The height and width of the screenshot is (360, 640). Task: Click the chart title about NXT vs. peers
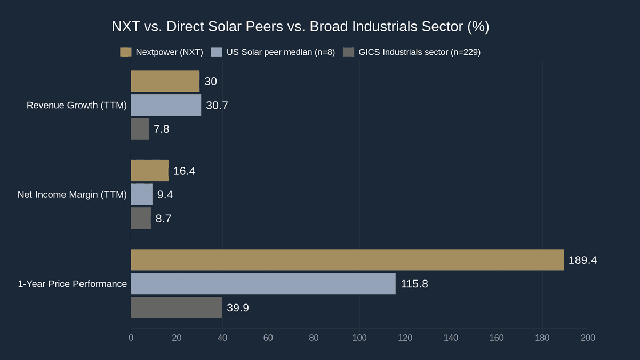[300, 27]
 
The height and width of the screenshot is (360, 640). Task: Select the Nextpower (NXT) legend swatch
[126, 52]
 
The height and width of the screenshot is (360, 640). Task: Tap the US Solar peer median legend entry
[273, 52]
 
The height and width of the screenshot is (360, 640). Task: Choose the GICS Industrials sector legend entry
[411, 52]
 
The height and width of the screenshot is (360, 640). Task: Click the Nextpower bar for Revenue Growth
[165, 82]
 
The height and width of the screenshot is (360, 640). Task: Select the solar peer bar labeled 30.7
[166, 105]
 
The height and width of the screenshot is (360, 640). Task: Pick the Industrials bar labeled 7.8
[140, 129]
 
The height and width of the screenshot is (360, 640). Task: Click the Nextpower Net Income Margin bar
[150, 171]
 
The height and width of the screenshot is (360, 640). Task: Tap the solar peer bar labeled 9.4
[142, 195]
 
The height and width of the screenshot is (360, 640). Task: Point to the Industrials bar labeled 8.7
[141, 218]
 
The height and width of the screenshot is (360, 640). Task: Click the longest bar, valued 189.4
[347, 260]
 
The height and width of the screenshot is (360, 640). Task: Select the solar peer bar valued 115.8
[263, 284]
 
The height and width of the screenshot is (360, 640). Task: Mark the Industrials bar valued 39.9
[177, 308]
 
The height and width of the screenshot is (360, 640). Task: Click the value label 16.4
[184, 171]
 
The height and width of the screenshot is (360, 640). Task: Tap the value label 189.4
[582, 260]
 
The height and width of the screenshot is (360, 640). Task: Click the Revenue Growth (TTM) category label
[77, 106]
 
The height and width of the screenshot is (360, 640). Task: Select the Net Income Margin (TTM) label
[72, 195]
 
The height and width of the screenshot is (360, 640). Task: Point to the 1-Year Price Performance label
[73, 284]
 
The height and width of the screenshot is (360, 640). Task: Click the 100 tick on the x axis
[359, 338]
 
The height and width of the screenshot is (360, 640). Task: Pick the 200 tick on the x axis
[588, 338]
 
